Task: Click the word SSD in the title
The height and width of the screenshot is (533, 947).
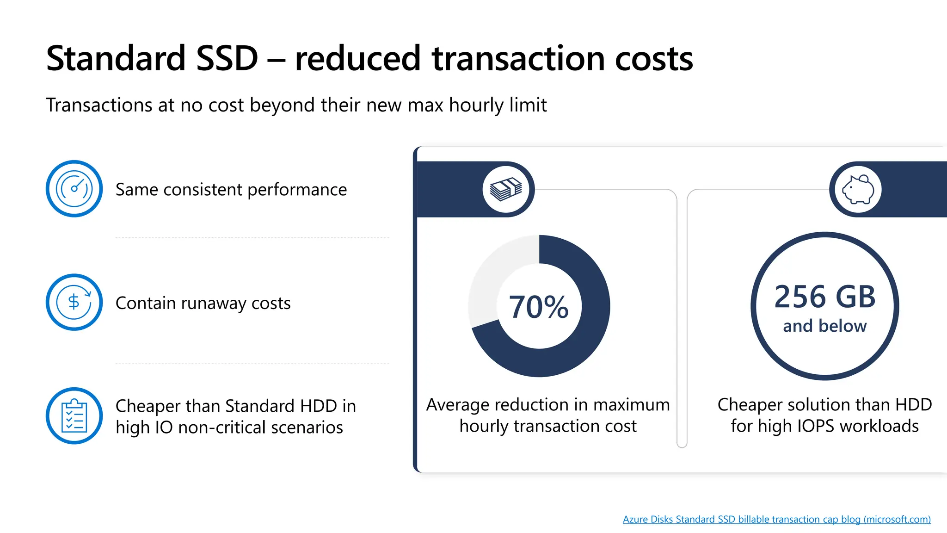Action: coord(227,59)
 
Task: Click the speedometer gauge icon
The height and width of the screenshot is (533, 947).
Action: coord(74,189)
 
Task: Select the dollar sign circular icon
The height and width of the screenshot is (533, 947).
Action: coord(74,302)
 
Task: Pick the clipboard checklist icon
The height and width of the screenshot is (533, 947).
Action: coord(74,415)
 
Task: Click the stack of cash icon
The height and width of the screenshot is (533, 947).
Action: coord(506,189)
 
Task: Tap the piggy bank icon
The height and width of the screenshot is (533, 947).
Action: coord(858,189)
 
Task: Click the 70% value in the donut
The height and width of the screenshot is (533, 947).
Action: coord(539,307)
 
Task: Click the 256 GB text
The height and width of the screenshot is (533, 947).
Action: coord(824,297)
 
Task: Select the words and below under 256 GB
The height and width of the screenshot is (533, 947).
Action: coord(824,326)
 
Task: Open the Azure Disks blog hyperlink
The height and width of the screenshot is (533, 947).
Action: coord(776,519)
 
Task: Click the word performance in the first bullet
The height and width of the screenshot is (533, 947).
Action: coord(297,190)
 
